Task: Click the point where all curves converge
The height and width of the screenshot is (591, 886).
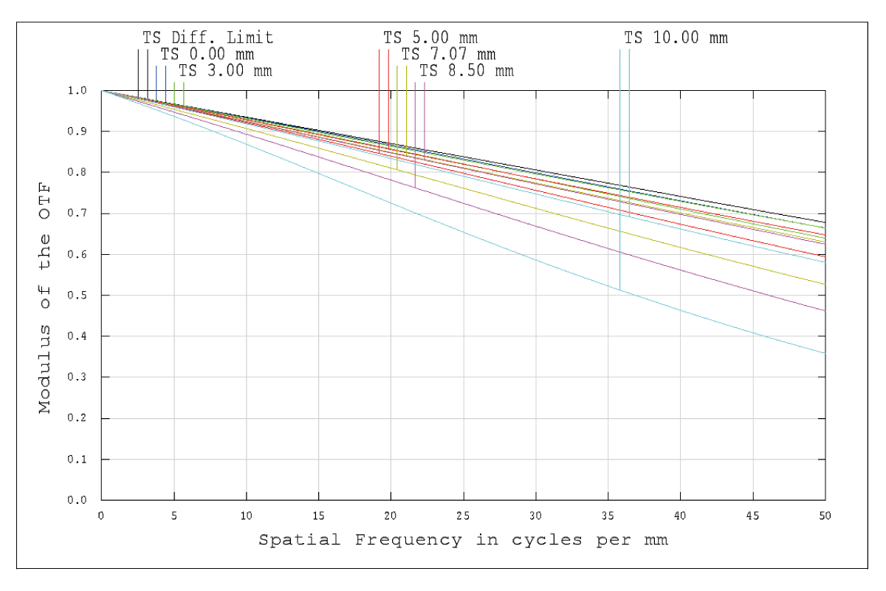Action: tap(102, 90)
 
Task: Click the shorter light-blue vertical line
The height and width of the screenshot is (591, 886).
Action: tap(629, 111)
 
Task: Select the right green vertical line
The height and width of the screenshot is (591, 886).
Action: tap(183, 92)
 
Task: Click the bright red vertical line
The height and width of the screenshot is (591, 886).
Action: tap(388, 89)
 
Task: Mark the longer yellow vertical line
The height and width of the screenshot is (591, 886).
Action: tap(397, 111)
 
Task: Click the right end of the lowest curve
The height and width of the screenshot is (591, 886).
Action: tap(825, 353)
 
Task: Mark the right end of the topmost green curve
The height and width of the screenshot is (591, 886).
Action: tap(825, 228)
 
